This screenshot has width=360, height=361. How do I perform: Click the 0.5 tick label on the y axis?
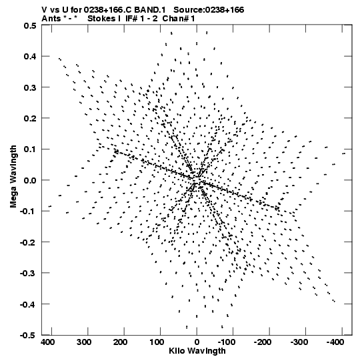pos(30,25)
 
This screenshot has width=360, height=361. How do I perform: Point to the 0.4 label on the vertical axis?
pos(30,57)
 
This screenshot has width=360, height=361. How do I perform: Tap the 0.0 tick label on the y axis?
pos(30,180)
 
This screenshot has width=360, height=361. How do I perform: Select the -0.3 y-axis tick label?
pos(28,273)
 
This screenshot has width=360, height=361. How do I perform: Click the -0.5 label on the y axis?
pos(28,335)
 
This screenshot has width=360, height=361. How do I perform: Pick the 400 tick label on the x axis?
pos(48,342)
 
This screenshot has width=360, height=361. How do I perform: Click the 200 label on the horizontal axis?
pos(120,342)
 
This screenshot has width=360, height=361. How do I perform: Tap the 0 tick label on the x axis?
pos(197,342)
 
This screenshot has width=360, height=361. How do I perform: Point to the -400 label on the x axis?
pos(335,342)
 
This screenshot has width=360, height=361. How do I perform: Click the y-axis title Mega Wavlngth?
pos(13,177)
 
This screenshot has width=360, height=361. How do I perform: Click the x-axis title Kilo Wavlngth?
pos(197,351)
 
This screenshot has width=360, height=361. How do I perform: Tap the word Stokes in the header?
pos(101,19)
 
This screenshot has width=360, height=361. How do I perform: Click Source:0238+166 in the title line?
pos(209,10)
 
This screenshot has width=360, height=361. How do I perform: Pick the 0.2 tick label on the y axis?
pos(30,118)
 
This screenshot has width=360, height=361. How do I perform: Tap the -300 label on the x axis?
pos(299,342)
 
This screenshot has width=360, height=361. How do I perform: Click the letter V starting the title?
pos(44,10)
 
